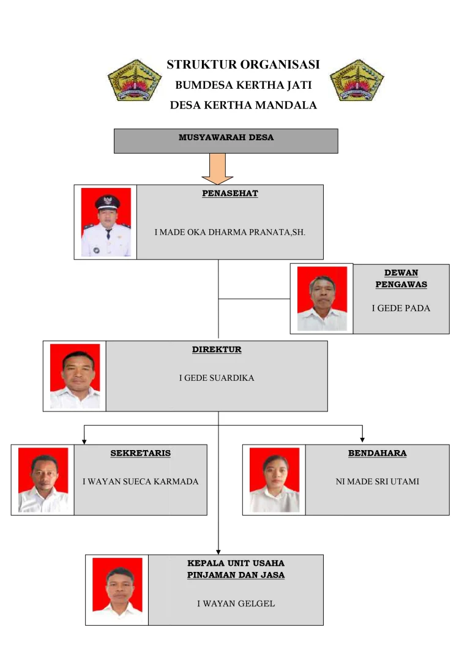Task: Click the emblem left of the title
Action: (x=130, y=80)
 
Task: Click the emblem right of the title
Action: (x=357, y=80)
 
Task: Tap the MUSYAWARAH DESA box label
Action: (x=226, y=138)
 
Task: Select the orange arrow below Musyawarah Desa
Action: (x=217, y=169)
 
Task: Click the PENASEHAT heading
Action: (x=230, y=193)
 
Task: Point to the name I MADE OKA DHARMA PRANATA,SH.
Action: (x=229, y=233)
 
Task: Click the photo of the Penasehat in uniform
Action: (x=106, y=222)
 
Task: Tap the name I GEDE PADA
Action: (x=401, y=308)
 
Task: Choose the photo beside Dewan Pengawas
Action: (x=322, y=298)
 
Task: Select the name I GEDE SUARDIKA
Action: (x=217, y=378)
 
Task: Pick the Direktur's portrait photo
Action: (x=75, y=375)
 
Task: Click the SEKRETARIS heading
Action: (x=140, y=453)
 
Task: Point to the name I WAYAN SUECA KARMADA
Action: (x=141, y=481)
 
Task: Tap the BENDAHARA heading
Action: (x=377, y=453)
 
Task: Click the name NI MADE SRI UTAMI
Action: (x=377, y=481)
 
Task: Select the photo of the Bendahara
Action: (x=274, y=479)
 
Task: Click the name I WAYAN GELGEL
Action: (x=236, y=604)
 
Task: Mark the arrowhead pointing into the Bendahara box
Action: (x=363, y=439)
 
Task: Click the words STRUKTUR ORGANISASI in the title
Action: (x=243, y=65)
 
